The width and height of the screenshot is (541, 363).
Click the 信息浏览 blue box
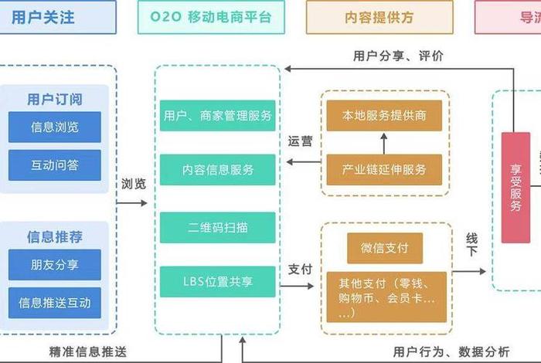55,127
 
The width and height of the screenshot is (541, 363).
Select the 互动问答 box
55,165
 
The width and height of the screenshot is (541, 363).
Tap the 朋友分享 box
55,265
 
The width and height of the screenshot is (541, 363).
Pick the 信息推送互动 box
55,302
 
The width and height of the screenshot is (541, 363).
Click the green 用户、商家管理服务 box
218,116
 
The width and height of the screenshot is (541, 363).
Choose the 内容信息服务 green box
218,169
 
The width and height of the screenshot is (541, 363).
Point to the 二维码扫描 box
218,228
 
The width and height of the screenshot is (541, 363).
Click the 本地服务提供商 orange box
384,116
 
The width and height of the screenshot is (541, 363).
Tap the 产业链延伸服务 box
384,169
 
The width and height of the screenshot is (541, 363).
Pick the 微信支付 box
384,248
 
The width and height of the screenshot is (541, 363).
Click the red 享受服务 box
515,188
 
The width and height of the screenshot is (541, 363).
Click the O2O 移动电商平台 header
209,16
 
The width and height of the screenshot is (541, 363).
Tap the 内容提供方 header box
379,16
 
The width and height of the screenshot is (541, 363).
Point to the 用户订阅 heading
55,100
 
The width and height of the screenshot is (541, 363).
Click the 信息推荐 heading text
55,237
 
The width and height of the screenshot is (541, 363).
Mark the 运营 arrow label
301,141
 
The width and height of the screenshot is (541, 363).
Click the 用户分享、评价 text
399,56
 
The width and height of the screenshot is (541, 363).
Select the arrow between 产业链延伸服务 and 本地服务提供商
384,143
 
